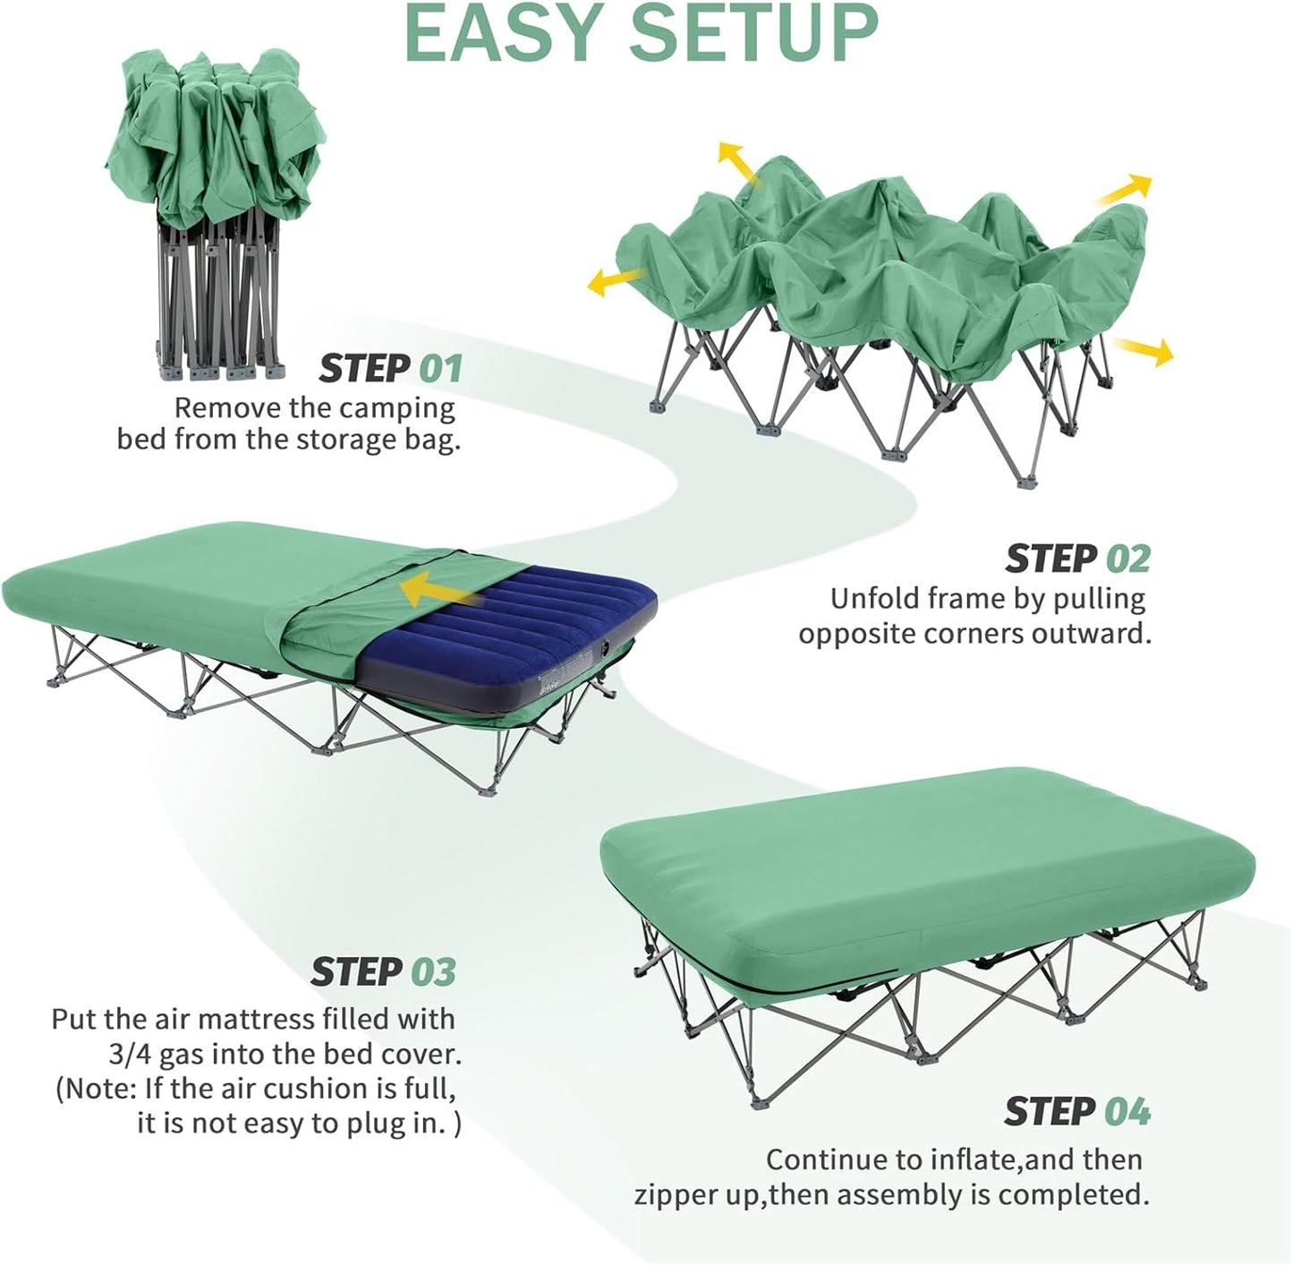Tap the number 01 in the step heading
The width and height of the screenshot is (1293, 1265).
click(x=441, y=369)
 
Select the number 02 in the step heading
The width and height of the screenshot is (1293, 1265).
click(x=1127, y=559)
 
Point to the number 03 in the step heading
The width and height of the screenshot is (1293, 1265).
click(x=433, y=972)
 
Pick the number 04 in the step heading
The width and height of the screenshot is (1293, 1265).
click(x=1127, y=1112)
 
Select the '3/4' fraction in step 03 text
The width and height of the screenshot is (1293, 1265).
click(x=129, y=1055)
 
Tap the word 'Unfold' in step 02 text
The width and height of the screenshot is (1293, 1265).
click(x=874, y=598)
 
